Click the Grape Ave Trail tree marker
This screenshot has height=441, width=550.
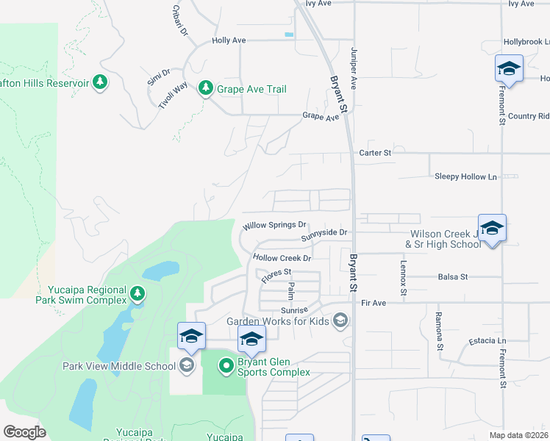205,89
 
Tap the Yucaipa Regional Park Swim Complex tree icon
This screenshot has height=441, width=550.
137,295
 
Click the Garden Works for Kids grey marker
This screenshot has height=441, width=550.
340,320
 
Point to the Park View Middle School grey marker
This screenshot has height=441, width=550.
186,365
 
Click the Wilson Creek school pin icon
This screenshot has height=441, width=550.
492,229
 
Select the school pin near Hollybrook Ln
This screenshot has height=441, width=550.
508,70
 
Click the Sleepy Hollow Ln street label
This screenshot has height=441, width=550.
465,176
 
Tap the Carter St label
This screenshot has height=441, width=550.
375,152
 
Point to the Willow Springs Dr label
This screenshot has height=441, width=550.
274,225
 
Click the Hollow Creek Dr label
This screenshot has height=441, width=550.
282,258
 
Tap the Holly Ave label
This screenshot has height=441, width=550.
229,40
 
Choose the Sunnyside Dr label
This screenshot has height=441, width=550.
324,232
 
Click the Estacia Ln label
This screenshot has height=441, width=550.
488,341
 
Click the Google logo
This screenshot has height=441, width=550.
24,432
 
